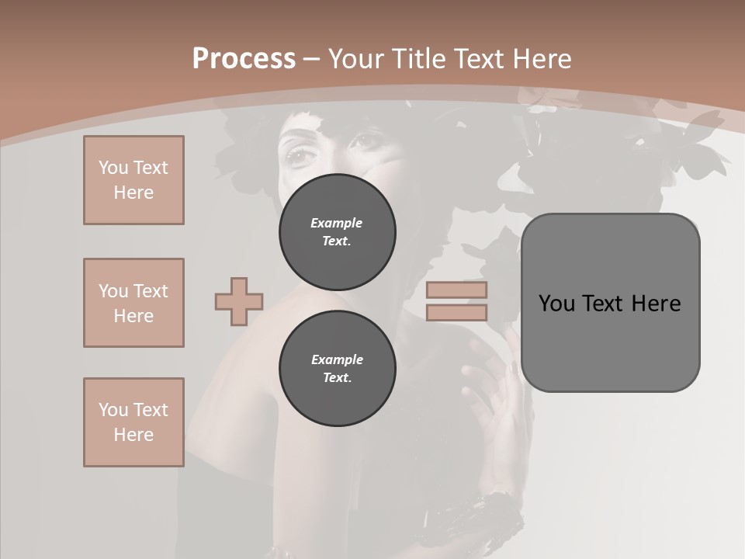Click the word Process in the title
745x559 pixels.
coord(244,58)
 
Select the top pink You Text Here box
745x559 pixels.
coord(133,180)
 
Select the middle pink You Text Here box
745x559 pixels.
coord(133,303)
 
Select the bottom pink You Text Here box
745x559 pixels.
coord(133,422)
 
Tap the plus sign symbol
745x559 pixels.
coord(239,301)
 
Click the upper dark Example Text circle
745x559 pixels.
coord(338,232)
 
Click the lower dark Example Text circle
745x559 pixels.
coord(338,369)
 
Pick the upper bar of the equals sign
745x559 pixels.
coord(456,290)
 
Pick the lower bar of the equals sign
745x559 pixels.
coord(456,312)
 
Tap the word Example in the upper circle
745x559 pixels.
coord(336,223)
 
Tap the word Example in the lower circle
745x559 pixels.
coord(336,359)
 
